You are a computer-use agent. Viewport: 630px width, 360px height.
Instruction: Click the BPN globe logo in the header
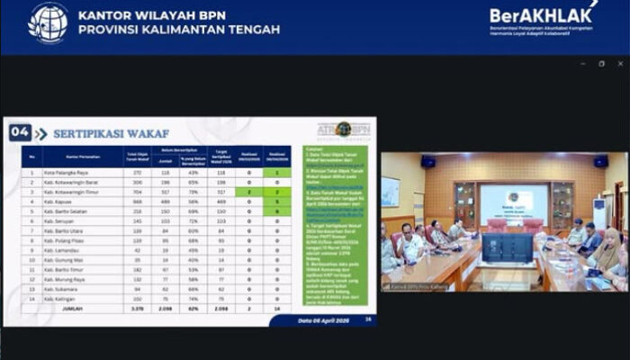point(48,22)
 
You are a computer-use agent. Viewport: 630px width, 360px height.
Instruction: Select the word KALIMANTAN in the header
point(191,30)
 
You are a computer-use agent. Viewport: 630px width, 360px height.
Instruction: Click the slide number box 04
point(20,133)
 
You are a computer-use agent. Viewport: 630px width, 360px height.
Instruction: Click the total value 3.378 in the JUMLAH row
point(138,308)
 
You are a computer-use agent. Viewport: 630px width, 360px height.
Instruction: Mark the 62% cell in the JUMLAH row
point(193,308)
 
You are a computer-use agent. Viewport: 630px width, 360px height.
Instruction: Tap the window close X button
point(620,64)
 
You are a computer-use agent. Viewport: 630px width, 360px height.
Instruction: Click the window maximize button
point(601,64)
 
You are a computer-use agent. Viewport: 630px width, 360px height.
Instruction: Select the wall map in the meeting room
point(391,191)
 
